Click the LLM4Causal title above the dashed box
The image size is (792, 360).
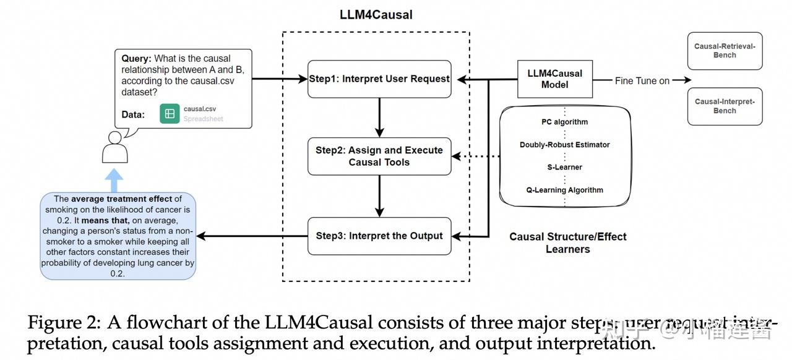(376, 15)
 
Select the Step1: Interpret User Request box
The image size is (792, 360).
(379, 79)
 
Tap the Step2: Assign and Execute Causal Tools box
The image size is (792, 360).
(379, 156)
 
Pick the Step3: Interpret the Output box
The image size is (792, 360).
(379, 236)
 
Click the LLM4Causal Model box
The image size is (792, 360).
(554, 79)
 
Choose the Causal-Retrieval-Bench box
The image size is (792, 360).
(725, 51)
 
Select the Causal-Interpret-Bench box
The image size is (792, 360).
(725, 106)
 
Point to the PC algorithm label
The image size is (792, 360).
(564, 122)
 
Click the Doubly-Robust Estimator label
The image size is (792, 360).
(564, 145)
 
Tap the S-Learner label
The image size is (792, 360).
(564, 167)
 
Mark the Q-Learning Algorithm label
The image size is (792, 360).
(564, 190)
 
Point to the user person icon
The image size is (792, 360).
(114, 147)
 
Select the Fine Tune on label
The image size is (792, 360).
(642, 80)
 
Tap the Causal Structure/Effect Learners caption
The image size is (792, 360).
(567, 243)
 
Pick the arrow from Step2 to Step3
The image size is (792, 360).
(379, 195)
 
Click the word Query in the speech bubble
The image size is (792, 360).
(136, 59)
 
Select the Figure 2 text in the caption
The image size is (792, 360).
(64, 323)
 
